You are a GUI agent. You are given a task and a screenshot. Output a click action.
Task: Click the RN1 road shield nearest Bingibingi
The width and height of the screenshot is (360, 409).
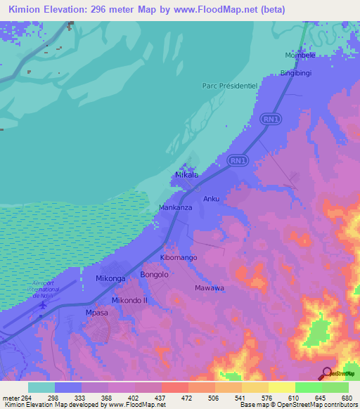(x=270, y=119)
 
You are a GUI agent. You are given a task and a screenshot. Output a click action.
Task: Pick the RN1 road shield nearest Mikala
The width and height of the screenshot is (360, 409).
(x=237, y=161)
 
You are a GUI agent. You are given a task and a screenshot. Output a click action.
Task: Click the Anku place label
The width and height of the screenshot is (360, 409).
(x=212, y=199)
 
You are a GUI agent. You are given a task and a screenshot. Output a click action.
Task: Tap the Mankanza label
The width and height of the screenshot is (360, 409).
(x=176, y=208)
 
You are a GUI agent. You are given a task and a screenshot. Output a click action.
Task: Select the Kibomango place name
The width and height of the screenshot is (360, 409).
(x=179, y=258)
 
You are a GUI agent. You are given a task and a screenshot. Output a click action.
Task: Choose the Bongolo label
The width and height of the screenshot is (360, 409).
(x=155, y=275)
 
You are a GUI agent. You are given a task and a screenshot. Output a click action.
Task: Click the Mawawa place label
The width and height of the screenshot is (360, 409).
(x=210, y=288)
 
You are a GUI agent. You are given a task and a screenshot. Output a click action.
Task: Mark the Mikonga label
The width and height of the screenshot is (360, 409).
(x=110, y=279)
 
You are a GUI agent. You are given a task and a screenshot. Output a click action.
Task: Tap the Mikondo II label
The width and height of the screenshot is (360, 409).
(x=129, y=300)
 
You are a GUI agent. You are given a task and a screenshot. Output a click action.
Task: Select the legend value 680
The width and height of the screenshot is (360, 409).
(x=347, y=398)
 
